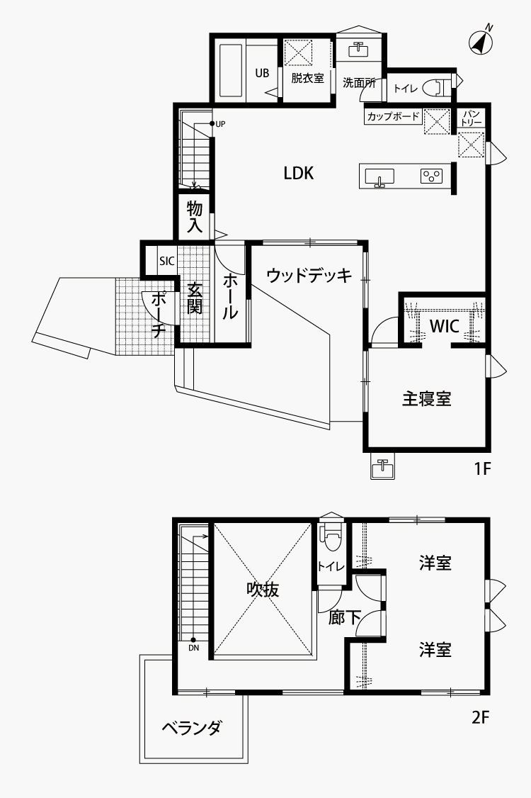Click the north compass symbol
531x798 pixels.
coord(481,42)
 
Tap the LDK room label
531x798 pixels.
coord(299,174)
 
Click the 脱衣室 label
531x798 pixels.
coord(307,79)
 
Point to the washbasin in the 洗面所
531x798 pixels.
coord(358,50)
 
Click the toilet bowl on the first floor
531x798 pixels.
coord(438,87)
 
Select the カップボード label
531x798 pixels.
coord(393,116)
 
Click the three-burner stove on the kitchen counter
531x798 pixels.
coord(431,176)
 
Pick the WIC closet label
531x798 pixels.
coord(445,326)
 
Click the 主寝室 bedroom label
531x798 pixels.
coord(427,398)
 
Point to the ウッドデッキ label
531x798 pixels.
coord(309,275)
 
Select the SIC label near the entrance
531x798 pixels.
coord(166,261)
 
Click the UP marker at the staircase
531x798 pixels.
coord(217,124)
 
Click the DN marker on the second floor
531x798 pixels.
coord(194,645)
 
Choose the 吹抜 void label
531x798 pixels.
coord(263,590)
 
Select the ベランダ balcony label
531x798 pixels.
coord(192,728)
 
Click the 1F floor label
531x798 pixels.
coord(481,468)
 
